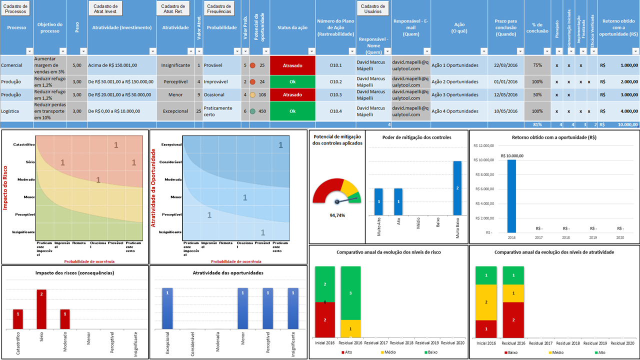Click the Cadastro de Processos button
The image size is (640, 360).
click(16, 8)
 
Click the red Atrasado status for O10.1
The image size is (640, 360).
click(292, 65)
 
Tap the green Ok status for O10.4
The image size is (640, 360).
click(292, 111)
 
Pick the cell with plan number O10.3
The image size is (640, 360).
click(336, 94)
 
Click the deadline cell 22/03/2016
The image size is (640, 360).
click(505, 65)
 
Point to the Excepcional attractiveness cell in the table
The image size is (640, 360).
click(175, 111)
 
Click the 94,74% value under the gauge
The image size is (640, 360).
click(337, 215)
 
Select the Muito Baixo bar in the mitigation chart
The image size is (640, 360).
click(457, 187)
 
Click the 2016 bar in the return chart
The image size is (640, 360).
click(511, 196)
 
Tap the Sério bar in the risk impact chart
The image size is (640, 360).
click(41, 309)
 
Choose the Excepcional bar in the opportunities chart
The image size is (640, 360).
click(167, 308)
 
